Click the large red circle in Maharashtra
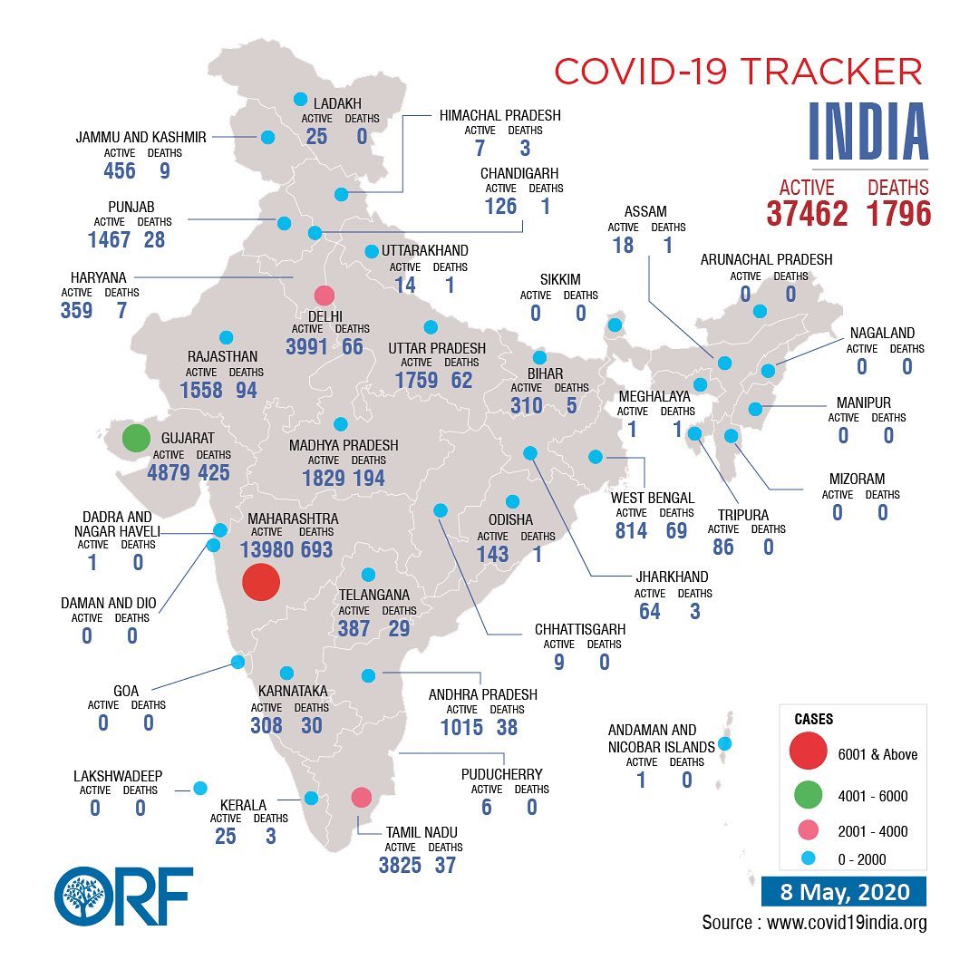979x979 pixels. (x=261, y=582)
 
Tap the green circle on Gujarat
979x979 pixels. (x=136, y=438)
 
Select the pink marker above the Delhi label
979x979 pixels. (x=324, y=296)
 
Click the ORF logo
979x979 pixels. (x=123, y=896)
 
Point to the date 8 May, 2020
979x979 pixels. (x=844, y=892)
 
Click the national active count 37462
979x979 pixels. (x=808, y=214)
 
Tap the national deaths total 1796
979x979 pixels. (x=898, y=214)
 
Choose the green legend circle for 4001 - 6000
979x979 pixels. (x=808, y=795)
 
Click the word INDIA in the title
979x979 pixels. (x=868, y=131)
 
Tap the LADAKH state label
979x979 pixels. (x=337, y=103)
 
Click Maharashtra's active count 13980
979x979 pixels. (x=267, y=549)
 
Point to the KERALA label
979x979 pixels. (x=243, y=805)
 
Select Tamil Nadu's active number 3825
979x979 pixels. (x=400, y=866)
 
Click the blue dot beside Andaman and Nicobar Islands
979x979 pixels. (x=725, y=743)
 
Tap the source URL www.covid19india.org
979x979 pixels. (x=847, y=922)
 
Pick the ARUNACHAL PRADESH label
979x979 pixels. (x=766, y=259)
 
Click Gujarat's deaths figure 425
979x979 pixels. (x=214, y=472)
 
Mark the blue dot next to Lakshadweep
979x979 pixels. (x=199, y=788)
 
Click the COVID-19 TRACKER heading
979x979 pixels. (x=738, y=72)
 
